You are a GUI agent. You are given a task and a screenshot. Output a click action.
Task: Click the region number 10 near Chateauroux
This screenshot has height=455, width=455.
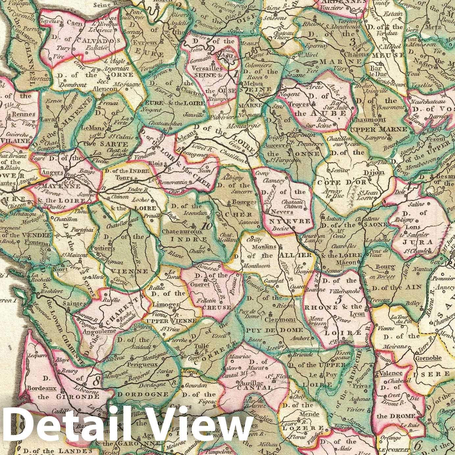tap(207, 226)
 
